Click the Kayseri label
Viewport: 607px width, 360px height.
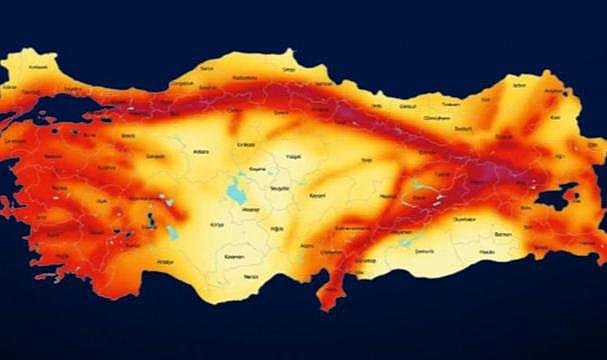tap(318, 194)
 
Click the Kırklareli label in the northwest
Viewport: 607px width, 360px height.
tap(38, 66)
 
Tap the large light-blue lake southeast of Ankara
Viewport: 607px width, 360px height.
tap(237, 189)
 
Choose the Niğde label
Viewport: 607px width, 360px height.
tap(278, 228)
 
